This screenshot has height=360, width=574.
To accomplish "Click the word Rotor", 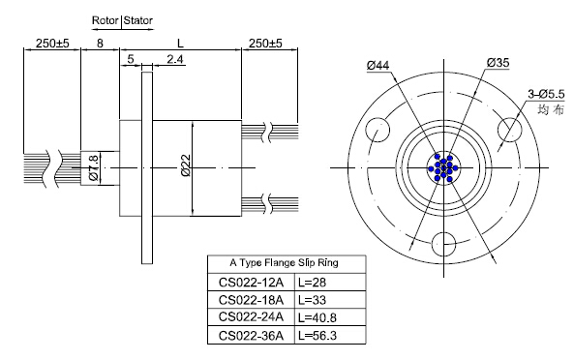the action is [106, 20].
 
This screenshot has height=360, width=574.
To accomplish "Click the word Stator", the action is [138, 20].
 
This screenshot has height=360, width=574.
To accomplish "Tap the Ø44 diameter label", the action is [378, 66].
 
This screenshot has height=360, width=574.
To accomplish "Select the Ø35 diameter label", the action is [498, 63].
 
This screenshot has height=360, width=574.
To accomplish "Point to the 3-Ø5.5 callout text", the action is [546, 95].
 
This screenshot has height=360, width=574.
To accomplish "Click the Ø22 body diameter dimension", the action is [186, 165].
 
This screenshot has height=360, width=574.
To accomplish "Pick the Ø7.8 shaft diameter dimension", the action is [94, 168].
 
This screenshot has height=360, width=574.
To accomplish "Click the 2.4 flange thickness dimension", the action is [175, 59].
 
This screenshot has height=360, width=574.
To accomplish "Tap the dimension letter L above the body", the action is [180, 44].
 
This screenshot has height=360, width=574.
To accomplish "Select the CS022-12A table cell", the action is [251, 283].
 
